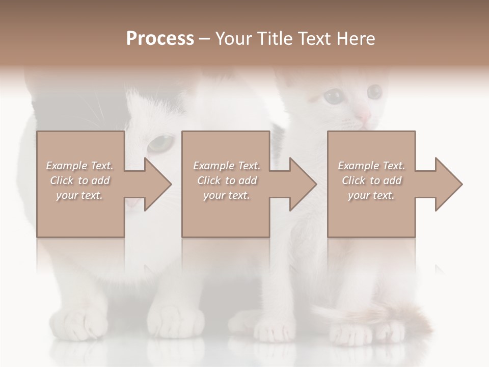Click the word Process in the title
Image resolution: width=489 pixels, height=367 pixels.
click(160, 39)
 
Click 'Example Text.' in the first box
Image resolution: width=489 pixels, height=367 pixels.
click(80, 166)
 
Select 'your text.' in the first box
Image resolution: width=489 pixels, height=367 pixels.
click(79, 195)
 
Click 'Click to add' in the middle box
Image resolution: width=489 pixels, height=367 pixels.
click(227, 180)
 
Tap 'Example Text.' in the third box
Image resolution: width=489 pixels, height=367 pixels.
click(371, 166)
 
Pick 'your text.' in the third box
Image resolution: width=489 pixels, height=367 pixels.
click(371, 195)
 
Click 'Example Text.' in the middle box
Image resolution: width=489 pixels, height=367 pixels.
click(227, 166)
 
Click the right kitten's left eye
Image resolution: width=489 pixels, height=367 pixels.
click(334, 95)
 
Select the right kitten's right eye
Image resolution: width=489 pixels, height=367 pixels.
click(374, 92)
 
